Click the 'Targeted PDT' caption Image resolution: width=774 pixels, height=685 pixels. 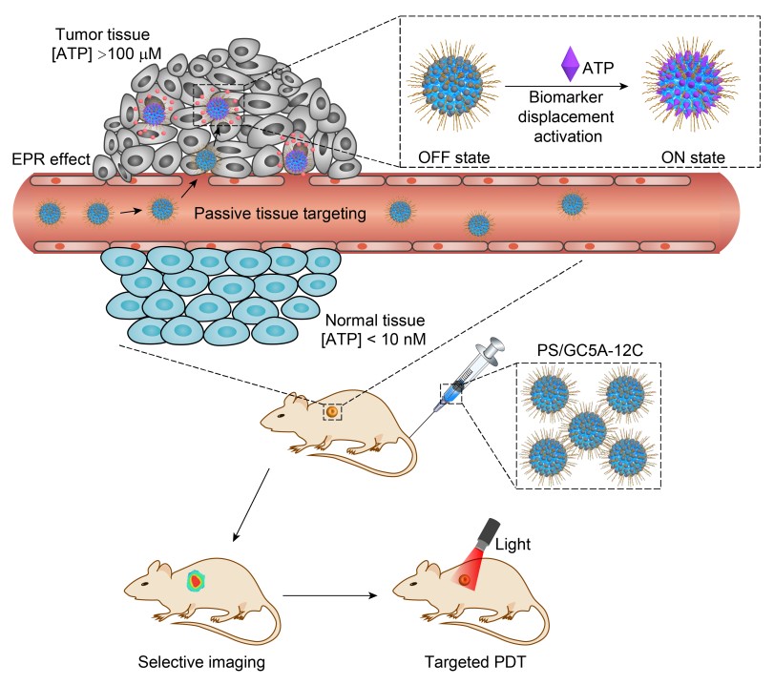click(x=471, y=660)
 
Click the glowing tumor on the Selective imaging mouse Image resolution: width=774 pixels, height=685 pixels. click(x=196, y=579)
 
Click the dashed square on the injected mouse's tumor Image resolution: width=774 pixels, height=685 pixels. click(x=331, y=412)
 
